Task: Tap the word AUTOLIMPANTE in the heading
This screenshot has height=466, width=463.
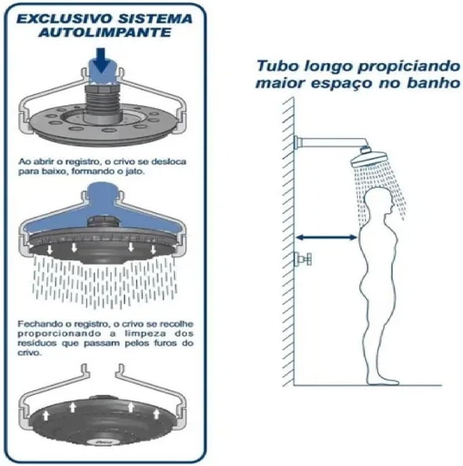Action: [x=105, y=32]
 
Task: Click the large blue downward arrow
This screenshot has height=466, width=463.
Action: [x=102, y=61]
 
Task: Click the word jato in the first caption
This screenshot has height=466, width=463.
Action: [x=137, y=172]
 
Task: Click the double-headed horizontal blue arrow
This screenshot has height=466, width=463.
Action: [x=326, y=237]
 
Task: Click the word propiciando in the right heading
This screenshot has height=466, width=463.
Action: [x=409, y=67]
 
